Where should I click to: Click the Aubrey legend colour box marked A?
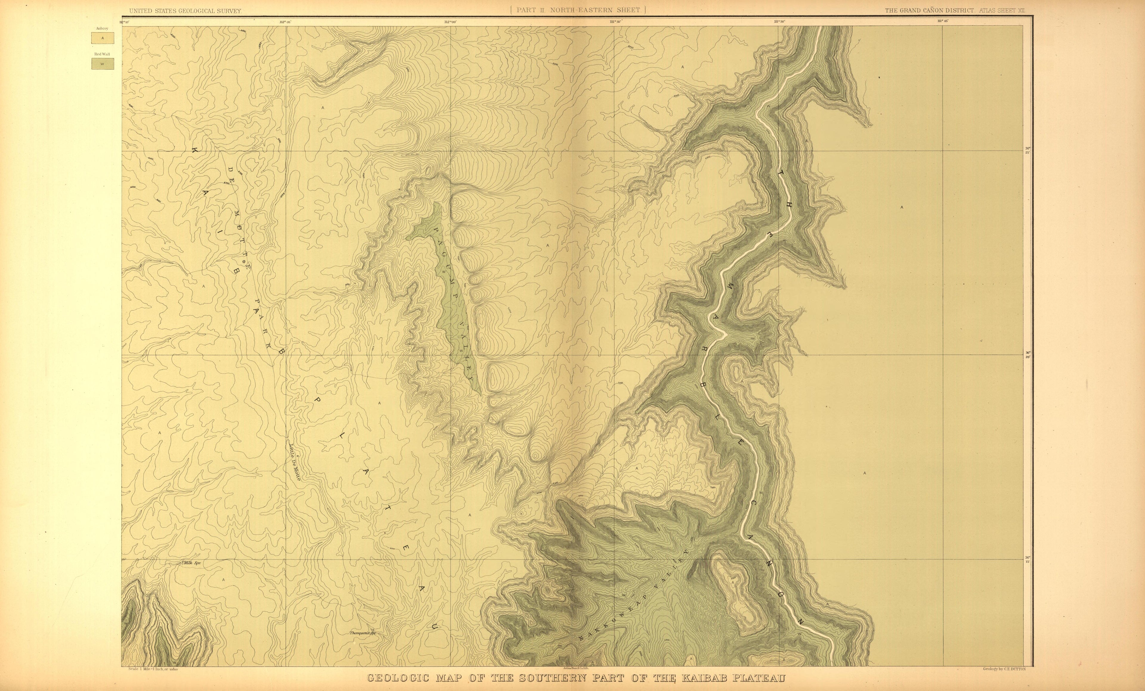(x=103, y=38)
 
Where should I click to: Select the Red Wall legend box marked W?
(x=103, y=64)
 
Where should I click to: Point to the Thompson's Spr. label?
(x=363, y=633)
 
